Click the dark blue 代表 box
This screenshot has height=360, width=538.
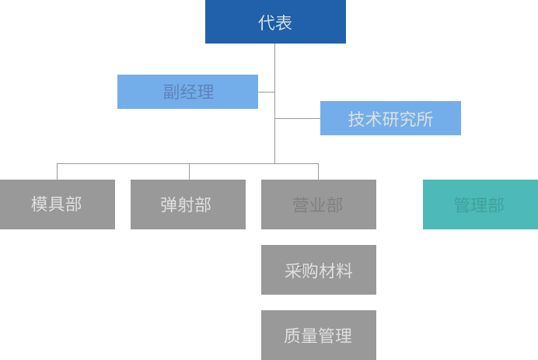pyautogui.click(x=275, y=22)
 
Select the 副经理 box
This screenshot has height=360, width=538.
pyautogui.click(x=187, y=92)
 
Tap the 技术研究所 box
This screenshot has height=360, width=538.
pyautogui.click(x=390, y=118)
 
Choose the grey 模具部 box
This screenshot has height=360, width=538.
pyautogui.click(x=57, y=204)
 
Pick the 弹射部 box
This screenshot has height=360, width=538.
pyautogui.click(x=187, y=204)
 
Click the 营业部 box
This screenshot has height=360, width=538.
pyautogui.click(x=318, y=204)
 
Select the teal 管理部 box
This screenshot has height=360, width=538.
pyautogui.click(x=480, y=204)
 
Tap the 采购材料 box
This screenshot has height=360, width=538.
pyautogui.click(x=318, y=270)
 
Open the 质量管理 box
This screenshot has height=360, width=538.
pyautogui.click(x=318, y=335)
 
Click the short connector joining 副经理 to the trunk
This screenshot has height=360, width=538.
pyautogui.click(x=267, y=92)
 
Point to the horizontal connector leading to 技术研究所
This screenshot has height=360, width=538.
pyautogui.click(x=298, y=118)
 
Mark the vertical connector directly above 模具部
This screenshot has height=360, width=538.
pyautogui.click(x=57, y=172)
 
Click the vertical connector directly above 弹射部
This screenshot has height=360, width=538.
pyautogui.click(x=189, y=172)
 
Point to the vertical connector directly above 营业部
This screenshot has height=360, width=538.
pyautogui.click(x=318, y=172)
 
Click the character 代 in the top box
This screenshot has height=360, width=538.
pyautogui.click(x=267, y=23)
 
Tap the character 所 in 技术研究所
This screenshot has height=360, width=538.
pyautogui.click(x=425, y=119)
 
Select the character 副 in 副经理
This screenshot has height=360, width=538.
pyautogui.click(x=171, y=92)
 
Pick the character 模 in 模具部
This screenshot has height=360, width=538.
pyautogui.click(x=40, y=204)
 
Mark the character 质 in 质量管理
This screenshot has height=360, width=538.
pyautogui.click(x=292, y=335)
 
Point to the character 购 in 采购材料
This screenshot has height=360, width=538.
pyautogui.click(x=309, y=271)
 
